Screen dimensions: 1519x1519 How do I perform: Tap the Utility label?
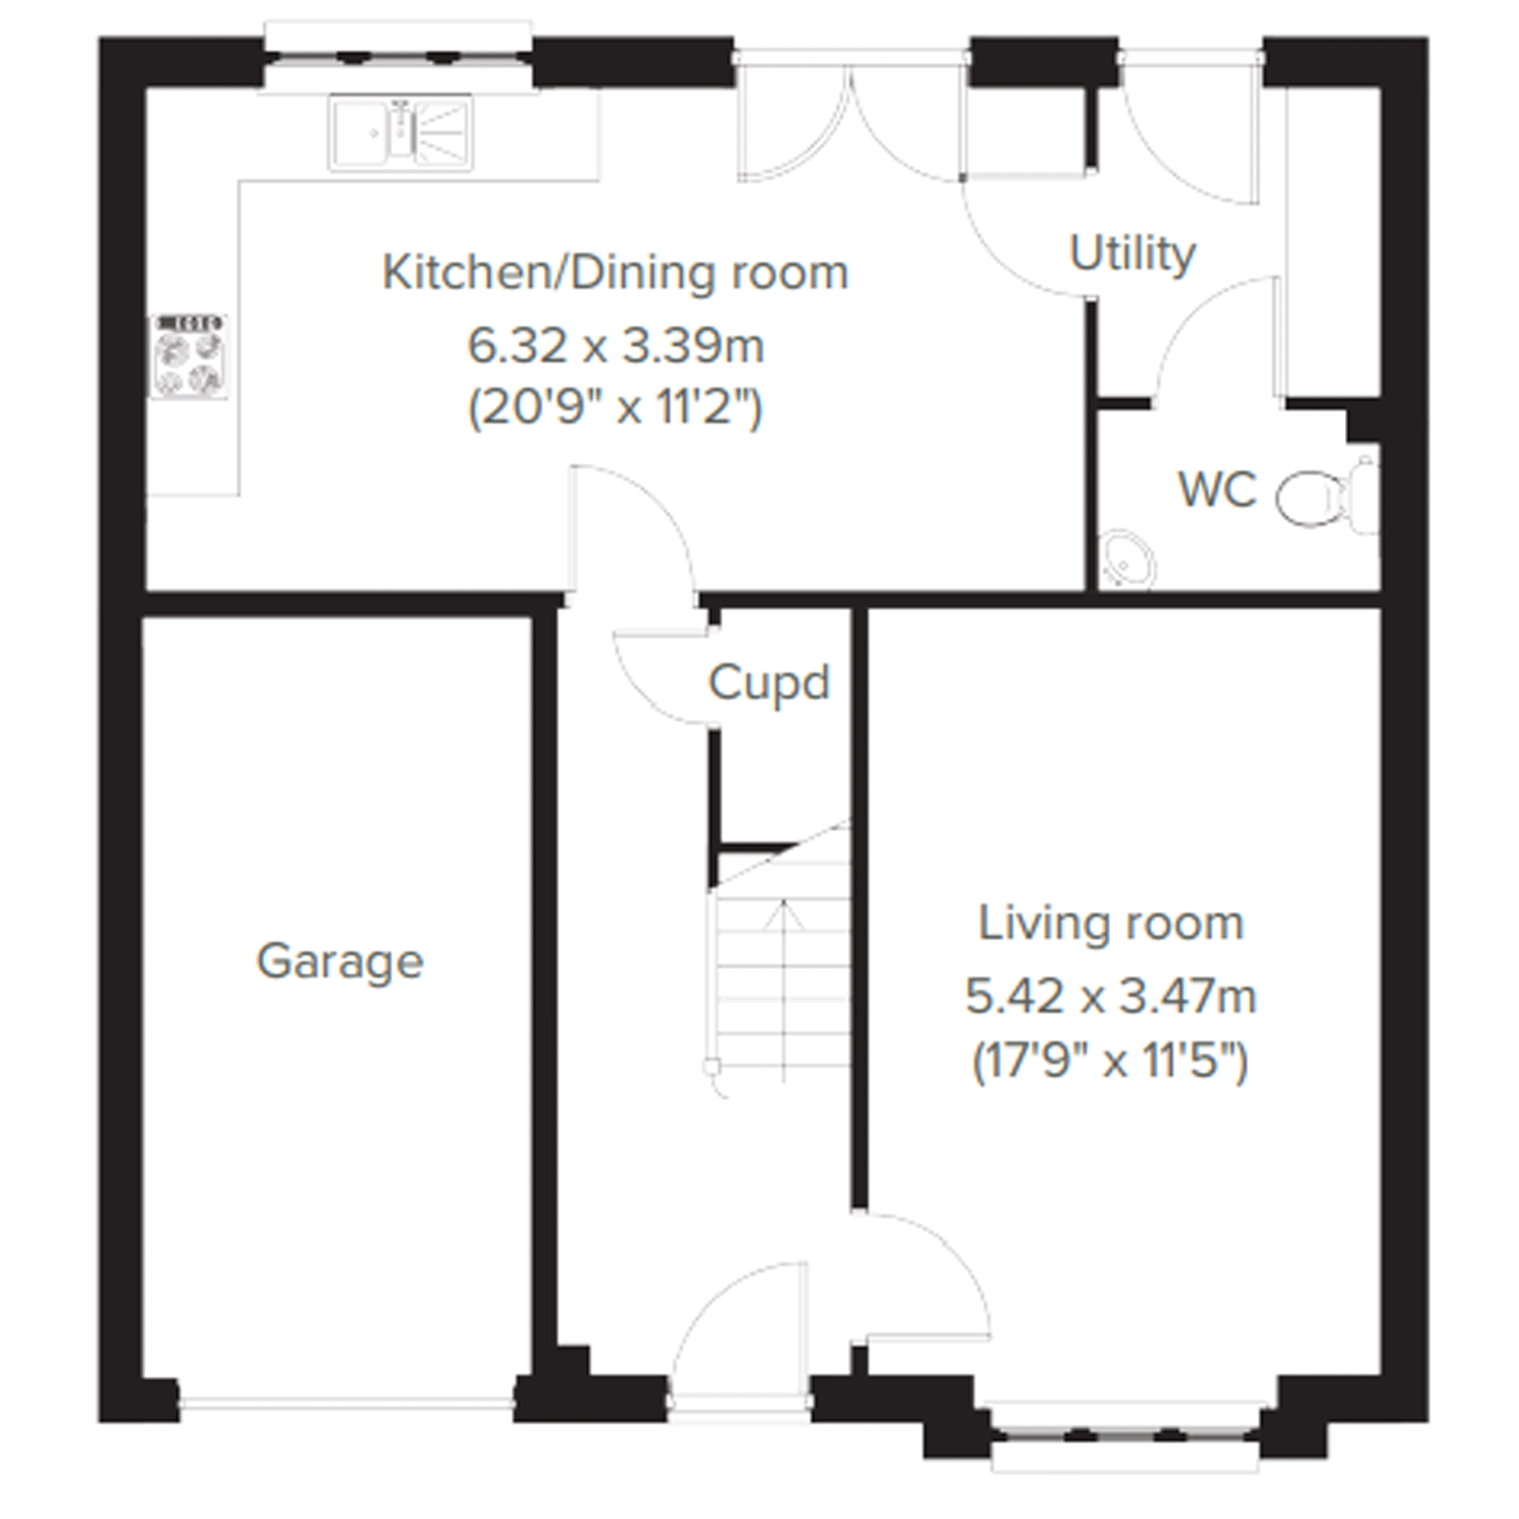1132,254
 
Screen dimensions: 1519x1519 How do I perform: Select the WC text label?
1217,489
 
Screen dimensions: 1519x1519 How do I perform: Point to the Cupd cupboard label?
769,683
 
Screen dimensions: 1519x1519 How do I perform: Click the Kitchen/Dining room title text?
615,273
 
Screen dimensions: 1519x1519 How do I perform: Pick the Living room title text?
1111,923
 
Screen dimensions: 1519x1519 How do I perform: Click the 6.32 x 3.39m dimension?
616,346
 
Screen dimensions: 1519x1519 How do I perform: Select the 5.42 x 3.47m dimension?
1111,996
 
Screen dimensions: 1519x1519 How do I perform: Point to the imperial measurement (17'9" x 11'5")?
1111,1061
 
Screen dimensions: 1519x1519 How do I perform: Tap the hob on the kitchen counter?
190,357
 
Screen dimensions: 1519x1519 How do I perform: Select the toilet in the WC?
1327,497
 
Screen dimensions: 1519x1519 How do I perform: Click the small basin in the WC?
1126,561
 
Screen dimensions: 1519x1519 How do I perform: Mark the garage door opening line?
346,1402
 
